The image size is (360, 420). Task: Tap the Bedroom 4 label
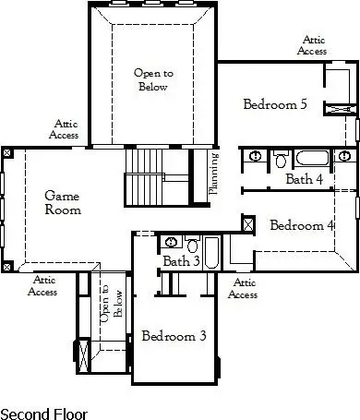coord(302,225)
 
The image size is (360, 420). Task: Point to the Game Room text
coord(64,202)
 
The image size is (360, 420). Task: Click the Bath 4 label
coord(304,179)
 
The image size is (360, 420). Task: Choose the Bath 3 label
coord(182,262)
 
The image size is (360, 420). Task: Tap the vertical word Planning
coord(213,174)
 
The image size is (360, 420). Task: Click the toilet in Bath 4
coord(282,160)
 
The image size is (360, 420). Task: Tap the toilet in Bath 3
coord(192,246)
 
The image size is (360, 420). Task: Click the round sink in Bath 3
coord(173,244)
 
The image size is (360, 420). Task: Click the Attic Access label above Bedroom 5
coord(312,45)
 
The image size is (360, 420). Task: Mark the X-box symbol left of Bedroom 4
coord(247,223)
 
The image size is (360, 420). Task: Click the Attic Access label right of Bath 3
coord(243,289)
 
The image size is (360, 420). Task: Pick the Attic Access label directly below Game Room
coord(43,285)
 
